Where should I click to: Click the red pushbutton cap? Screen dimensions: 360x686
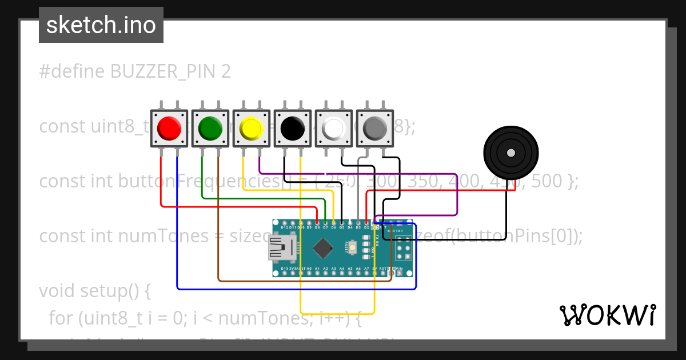click(169, 129)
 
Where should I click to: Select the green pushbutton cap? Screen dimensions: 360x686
click(210, 129)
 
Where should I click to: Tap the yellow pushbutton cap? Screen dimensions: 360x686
click(251, 129)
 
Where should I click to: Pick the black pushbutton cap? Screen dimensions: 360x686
click(292, 129)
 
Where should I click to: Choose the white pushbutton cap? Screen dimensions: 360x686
click(333, 129)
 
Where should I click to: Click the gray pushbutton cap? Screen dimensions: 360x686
click(374, 129)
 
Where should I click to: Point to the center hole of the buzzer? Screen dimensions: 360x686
click(510, 153)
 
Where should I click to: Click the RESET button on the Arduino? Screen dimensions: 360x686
click(353, 247)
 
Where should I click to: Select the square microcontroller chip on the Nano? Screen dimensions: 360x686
click(323, 247)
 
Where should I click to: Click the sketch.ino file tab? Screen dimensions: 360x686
click(101, 25)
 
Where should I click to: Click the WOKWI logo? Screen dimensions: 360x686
click(607, 315)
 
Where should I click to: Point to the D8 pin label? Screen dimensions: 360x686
click(317, 227)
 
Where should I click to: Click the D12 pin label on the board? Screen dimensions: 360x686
click(284, 227)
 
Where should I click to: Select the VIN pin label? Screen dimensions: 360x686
click(400, 267)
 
